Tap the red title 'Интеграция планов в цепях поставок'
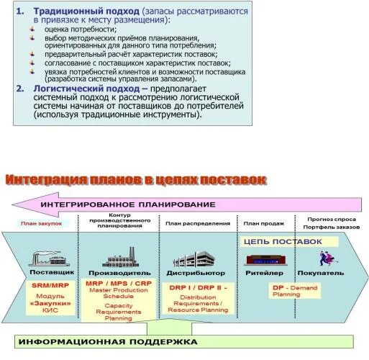click(x=136, y=179)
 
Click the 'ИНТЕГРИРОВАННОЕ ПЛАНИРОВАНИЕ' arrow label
click(x=128, y=204)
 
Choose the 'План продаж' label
click(x=261, y=224)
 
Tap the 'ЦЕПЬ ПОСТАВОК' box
click(x=283, y=242)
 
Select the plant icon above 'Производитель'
click(x=119, y=257)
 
